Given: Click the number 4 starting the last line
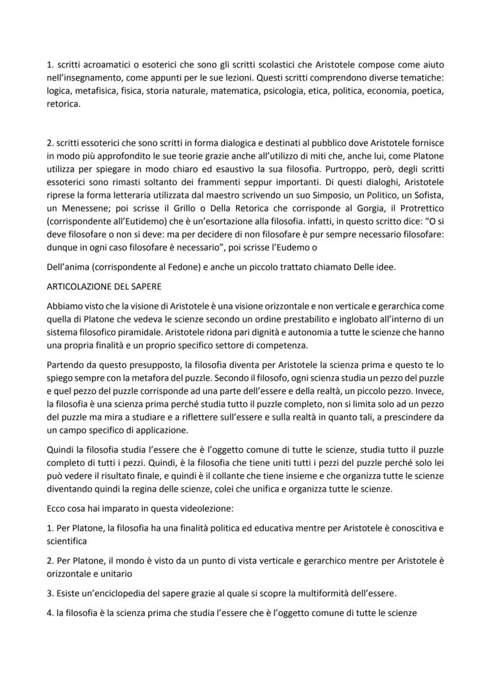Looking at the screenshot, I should click(x=49, y=613).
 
